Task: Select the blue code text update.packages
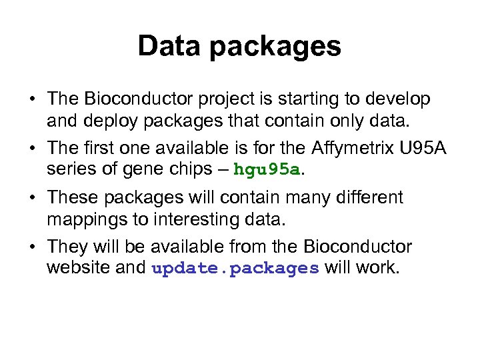coord(236,269)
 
